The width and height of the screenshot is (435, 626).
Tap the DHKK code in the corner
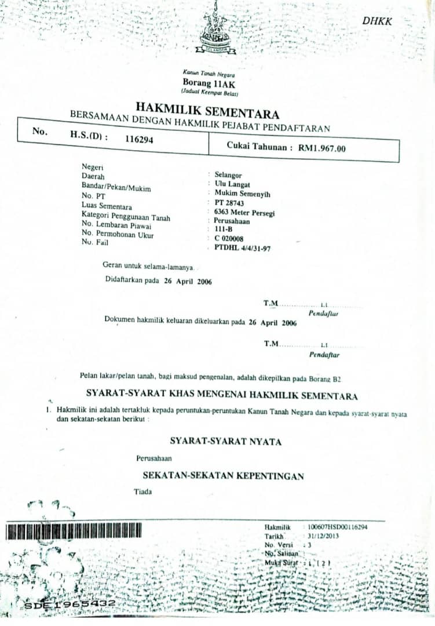(377, 21)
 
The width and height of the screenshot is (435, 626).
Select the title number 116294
(139, 139)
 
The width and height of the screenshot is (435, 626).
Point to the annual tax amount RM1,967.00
(322, 148)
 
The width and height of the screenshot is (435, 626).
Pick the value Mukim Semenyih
(242, 194)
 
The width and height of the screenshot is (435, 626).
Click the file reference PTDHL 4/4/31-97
(242, 248)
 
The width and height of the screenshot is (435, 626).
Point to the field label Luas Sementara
(107, 206)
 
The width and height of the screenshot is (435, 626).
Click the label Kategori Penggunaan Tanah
(126, 216)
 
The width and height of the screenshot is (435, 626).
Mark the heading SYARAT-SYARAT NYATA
(225, 442)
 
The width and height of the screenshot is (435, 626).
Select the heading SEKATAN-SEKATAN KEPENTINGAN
(224, 475)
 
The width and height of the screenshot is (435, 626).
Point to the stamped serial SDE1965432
(70, 605)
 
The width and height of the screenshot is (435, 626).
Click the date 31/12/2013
(323, 536)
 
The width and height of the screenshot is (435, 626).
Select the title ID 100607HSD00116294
(338, 527)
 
